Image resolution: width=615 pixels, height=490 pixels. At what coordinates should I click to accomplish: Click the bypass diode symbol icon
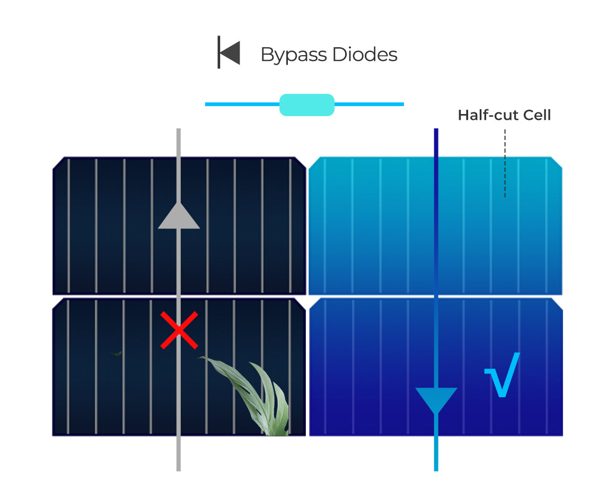pos(229,52)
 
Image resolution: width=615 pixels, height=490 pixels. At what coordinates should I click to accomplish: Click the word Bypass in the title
pos(293,55)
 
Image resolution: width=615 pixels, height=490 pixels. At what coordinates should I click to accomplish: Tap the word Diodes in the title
pos(365,55)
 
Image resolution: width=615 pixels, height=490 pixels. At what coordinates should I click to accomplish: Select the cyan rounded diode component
pos(306,104)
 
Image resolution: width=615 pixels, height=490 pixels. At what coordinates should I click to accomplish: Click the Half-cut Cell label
pos(504,115)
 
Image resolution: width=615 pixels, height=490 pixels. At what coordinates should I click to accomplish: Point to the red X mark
pos(179,330)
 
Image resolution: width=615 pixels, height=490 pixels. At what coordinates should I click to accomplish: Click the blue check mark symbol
pos(502,375)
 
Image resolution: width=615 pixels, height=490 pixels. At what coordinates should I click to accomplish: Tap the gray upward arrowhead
pos(179,216)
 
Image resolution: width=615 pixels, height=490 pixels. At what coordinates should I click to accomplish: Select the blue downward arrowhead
pos(436,400)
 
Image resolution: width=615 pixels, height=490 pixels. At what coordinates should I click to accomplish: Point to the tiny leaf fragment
pos(117,353)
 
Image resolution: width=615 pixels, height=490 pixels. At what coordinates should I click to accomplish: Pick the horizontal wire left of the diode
pos(242,104)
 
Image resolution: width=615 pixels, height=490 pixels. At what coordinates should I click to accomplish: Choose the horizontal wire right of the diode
pos(369,104)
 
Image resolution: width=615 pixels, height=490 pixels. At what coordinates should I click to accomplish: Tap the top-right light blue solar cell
pos(371,225)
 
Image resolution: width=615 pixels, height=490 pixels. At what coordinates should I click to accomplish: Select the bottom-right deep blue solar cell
pos(371,371)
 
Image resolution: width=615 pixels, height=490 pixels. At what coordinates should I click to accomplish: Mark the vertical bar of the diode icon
pos(218,52)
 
